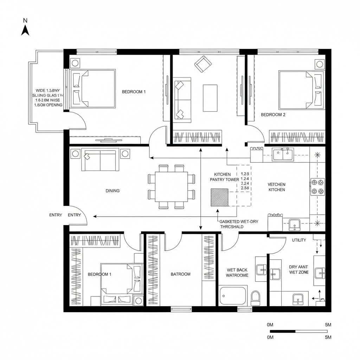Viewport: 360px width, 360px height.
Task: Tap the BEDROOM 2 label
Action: (x=273, y=115)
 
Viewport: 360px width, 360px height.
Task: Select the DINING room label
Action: (x=112, y=191)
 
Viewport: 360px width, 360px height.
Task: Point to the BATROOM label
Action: (x=181, y=274)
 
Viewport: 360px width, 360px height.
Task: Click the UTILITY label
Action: (x=299, y=240)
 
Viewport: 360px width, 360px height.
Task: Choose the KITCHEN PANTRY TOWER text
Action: (x=224, y=177)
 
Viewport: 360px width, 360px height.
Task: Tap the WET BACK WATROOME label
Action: (x=237, y=273)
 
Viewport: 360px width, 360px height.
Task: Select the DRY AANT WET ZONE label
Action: (x=298, y=270)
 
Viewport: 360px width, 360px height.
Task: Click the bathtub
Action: (x=233, y=296)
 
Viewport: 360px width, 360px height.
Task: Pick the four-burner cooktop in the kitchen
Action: (x=317, y=187)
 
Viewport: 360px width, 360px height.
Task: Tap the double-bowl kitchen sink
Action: (x=283, y=154)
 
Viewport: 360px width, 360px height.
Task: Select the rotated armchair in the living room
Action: (x=203, y=64)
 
